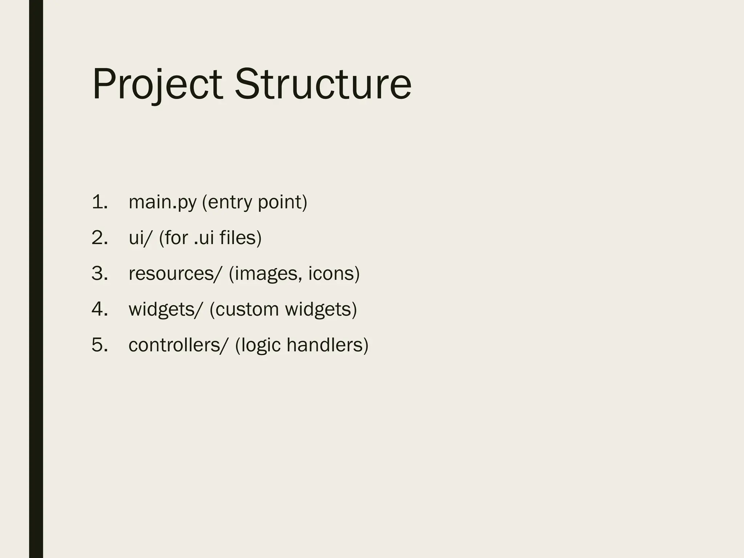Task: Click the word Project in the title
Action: pos(157,84)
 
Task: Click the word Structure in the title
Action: pos(323,84)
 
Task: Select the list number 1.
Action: pos(100,202)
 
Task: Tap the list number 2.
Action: pos(100,238)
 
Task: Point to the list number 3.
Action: pos(100,274)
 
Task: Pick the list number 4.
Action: pos(100,309)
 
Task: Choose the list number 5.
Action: pos(100,345)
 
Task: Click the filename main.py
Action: pos(162,203)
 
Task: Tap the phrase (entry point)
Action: pos(255,203)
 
